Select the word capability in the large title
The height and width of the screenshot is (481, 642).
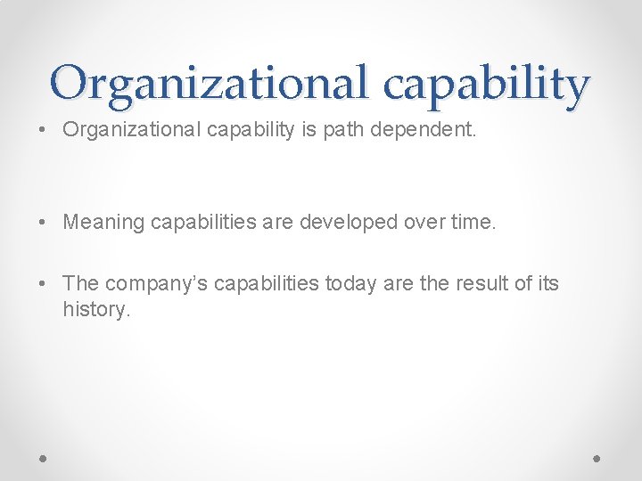(x=486, y=85)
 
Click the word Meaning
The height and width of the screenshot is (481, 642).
(x=103, y=222)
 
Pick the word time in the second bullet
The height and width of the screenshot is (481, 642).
(x=471, y=222)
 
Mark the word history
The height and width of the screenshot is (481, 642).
(x=95, y=309)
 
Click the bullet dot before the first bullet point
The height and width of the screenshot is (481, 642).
(x=43, y=131)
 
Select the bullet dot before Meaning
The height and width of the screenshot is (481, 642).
(x=43, y=223)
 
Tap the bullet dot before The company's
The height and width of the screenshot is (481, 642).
(x=43, y=284)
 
